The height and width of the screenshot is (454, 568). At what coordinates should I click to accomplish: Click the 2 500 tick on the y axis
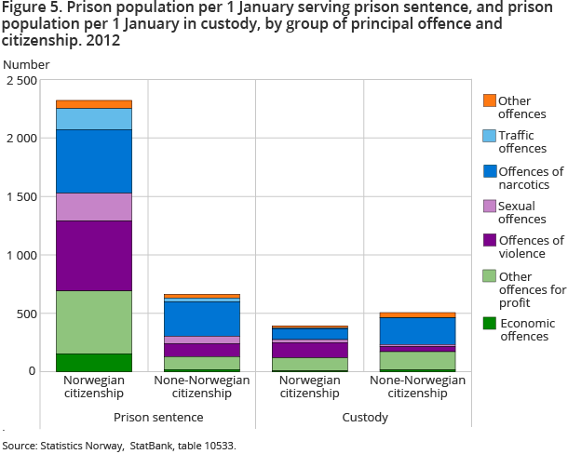20,81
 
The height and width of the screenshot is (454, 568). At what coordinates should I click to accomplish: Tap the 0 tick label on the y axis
32,371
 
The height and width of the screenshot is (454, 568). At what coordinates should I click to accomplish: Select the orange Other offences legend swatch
489,100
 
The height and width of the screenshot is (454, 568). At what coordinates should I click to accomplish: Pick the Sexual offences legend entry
521,212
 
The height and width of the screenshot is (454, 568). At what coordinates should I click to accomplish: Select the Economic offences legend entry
526,329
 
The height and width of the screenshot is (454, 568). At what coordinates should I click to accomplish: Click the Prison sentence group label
146,418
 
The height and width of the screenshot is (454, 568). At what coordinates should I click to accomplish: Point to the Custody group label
364,418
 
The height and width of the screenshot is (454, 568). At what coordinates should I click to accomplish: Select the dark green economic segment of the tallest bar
93,362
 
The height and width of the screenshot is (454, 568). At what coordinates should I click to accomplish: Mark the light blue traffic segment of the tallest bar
93,119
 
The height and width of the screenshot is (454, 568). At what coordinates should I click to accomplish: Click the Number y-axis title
27,65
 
